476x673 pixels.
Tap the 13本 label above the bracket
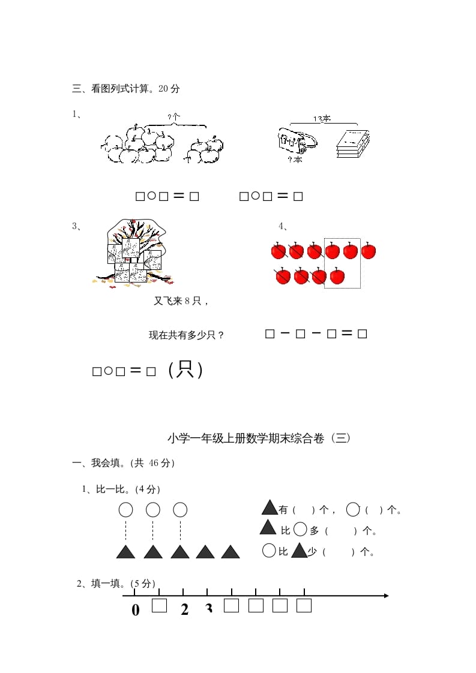pos(322,119)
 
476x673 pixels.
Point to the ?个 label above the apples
pos(174,117)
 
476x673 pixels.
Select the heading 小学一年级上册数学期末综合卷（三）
pos(258,438)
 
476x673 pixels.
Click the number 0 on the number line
pos(135,610)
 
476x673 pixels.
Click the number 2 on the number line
pos(184,609)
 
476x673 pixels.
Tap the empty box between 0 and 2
pos(159,605)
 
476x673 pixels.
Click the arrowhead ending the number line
pos(385,596)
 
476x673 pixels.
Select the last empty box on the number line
pos(304,605)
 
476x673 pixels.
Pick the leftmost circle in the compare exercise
pos(125,510)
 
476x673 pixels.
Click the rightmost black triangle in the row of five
pos(230,552)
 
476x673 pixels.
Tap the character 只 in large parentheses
pos(186,370)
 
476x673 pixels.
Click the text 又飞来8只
pos(180,301)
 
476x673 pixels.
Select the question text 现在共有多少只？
pos(187,335)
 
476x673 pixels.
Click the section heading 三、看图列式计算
pos(126,89)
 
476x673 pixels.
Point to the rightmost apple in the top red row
pos(369,251)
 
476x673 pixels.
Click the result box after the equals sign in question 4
pos(362,334)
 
